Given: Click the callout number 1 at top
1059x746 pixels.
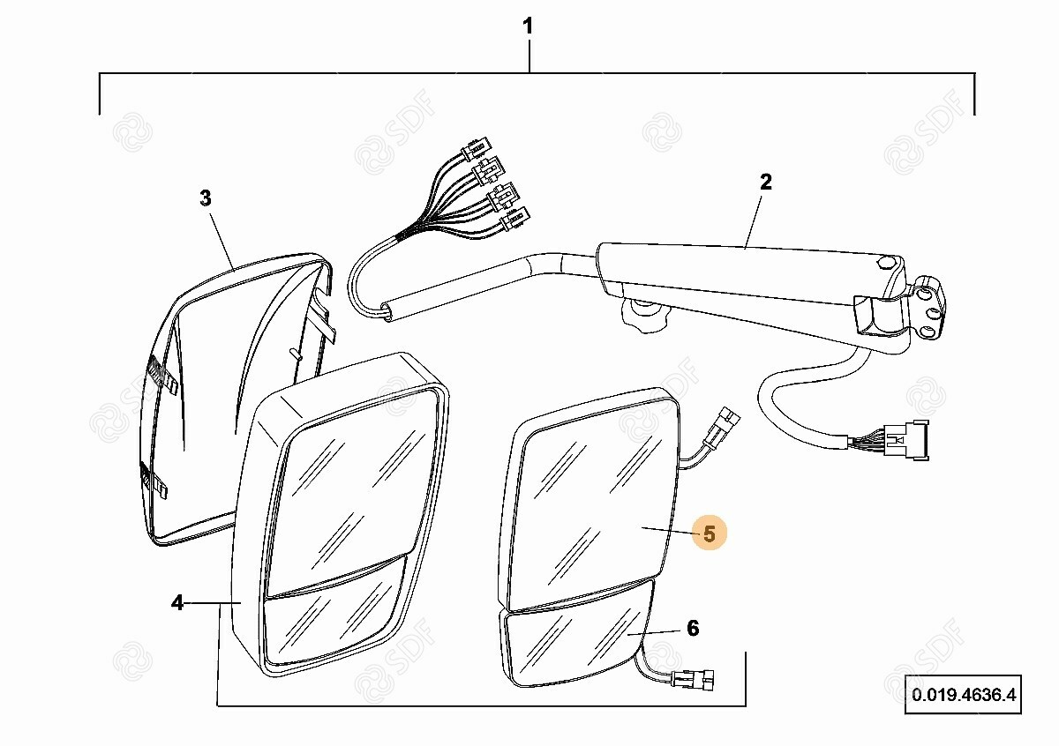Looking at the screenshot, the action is pos(528,26).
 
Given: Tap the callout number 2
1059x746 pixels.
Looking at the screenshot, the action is pos(765,182).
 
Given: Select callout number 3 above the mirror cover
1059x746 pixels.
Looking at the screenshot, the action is pos(205,198).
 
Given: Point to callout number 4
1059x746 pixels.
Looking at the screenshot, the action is pos(176,603).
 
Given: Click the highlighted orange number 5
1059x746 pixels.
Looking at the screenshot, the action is pos(710,533).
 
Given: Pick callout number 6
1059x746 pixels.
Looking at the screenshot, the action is pos(693,629).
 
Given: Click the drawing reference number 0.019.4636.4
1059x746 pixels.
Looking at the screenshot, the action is pos(964,695).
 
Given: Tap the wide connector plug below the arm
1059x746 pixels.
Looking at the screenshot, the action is pos(907,440).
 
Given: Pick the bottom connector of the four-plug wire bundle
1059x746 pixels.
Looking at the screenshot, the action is pos(514,219).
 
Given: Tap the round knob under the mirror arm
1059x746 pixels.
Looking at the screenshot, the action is pos(644,314).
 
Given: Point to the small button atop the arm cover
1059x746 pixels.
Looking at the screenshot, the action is pos(885,263).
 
